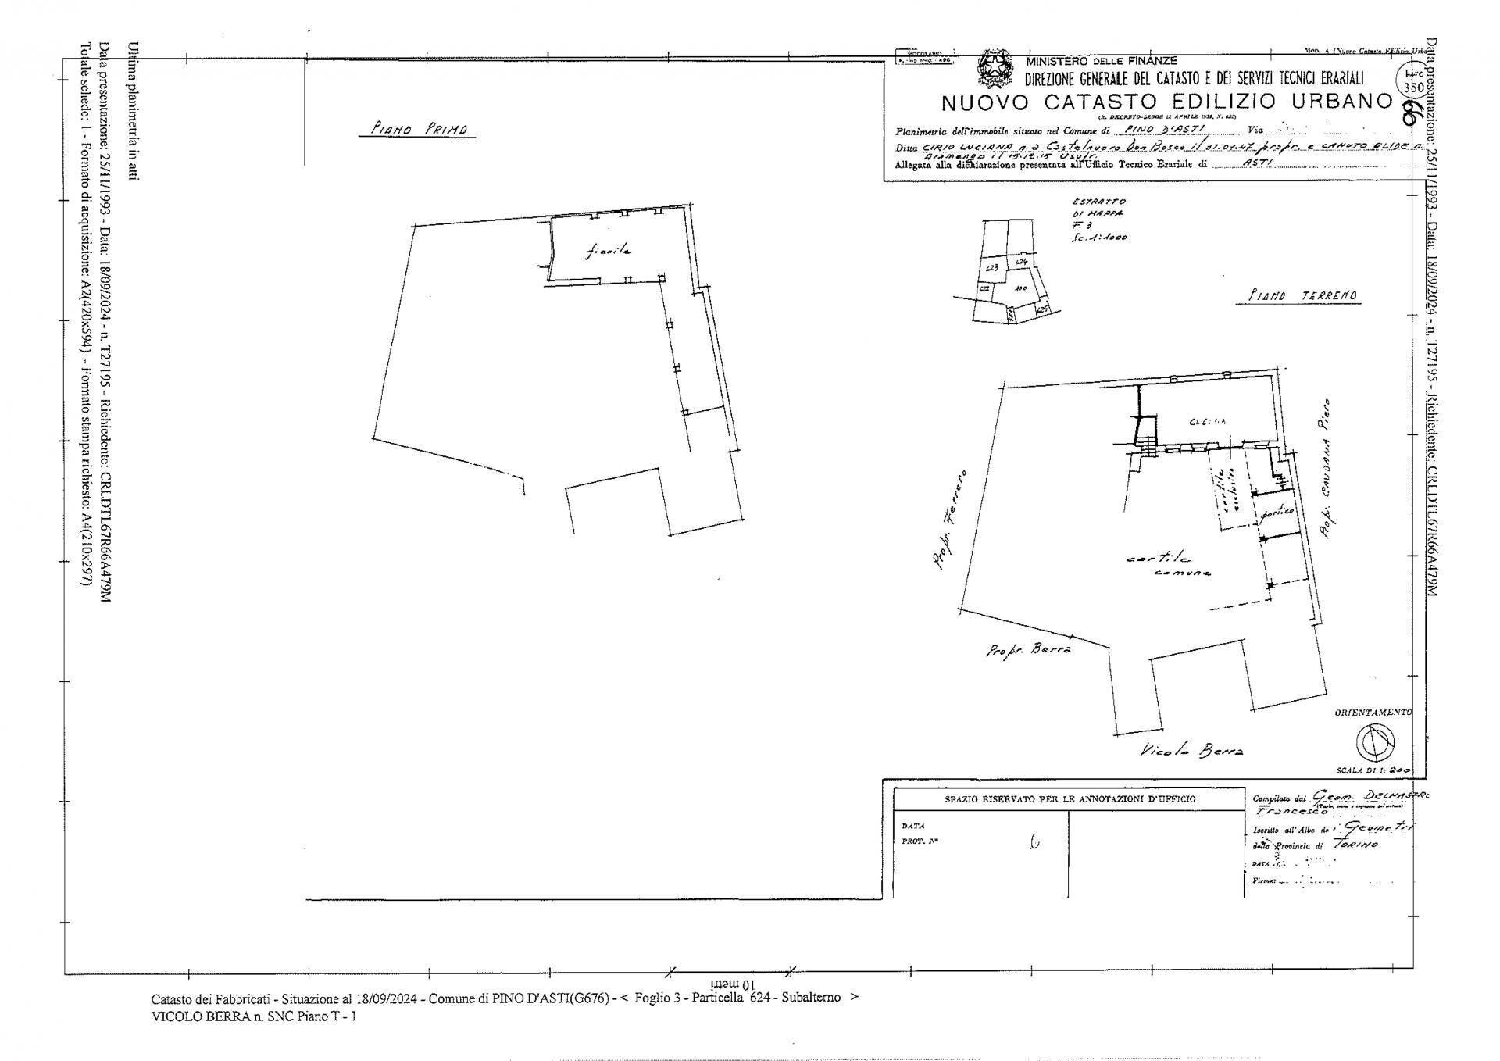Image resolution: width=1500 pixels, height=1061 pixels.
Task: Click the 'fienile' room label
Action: (608, 251)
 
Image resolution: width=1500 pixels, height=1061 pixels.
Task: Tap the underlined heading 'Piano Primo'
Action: (417, 130)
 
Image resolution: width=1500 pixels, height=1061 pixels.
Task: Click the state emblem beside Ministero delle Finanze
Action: (995, 70)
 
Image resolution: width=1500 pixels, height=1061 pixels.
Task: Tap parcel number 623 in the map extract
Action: (993, 268)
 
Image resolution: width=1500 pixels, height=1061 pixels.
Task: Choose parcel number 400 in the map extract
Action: (1020, 288)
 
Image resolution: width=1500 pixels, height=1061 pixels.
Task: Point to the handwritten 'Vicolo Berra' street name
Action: (1191, 751)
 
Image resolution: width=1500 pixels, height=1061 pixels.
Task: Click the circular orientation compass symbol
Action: (1374, 741)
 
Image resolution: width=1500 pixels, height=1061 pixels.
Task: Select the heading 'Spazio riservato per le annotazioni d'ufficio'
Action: (1070, 799)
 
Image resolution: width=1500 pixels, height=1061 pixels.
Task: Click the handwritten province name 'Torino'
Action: (1355, 845)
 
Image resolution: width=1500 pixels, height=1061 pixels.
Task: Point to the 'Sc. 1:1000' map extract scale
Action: (1099, 238)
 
